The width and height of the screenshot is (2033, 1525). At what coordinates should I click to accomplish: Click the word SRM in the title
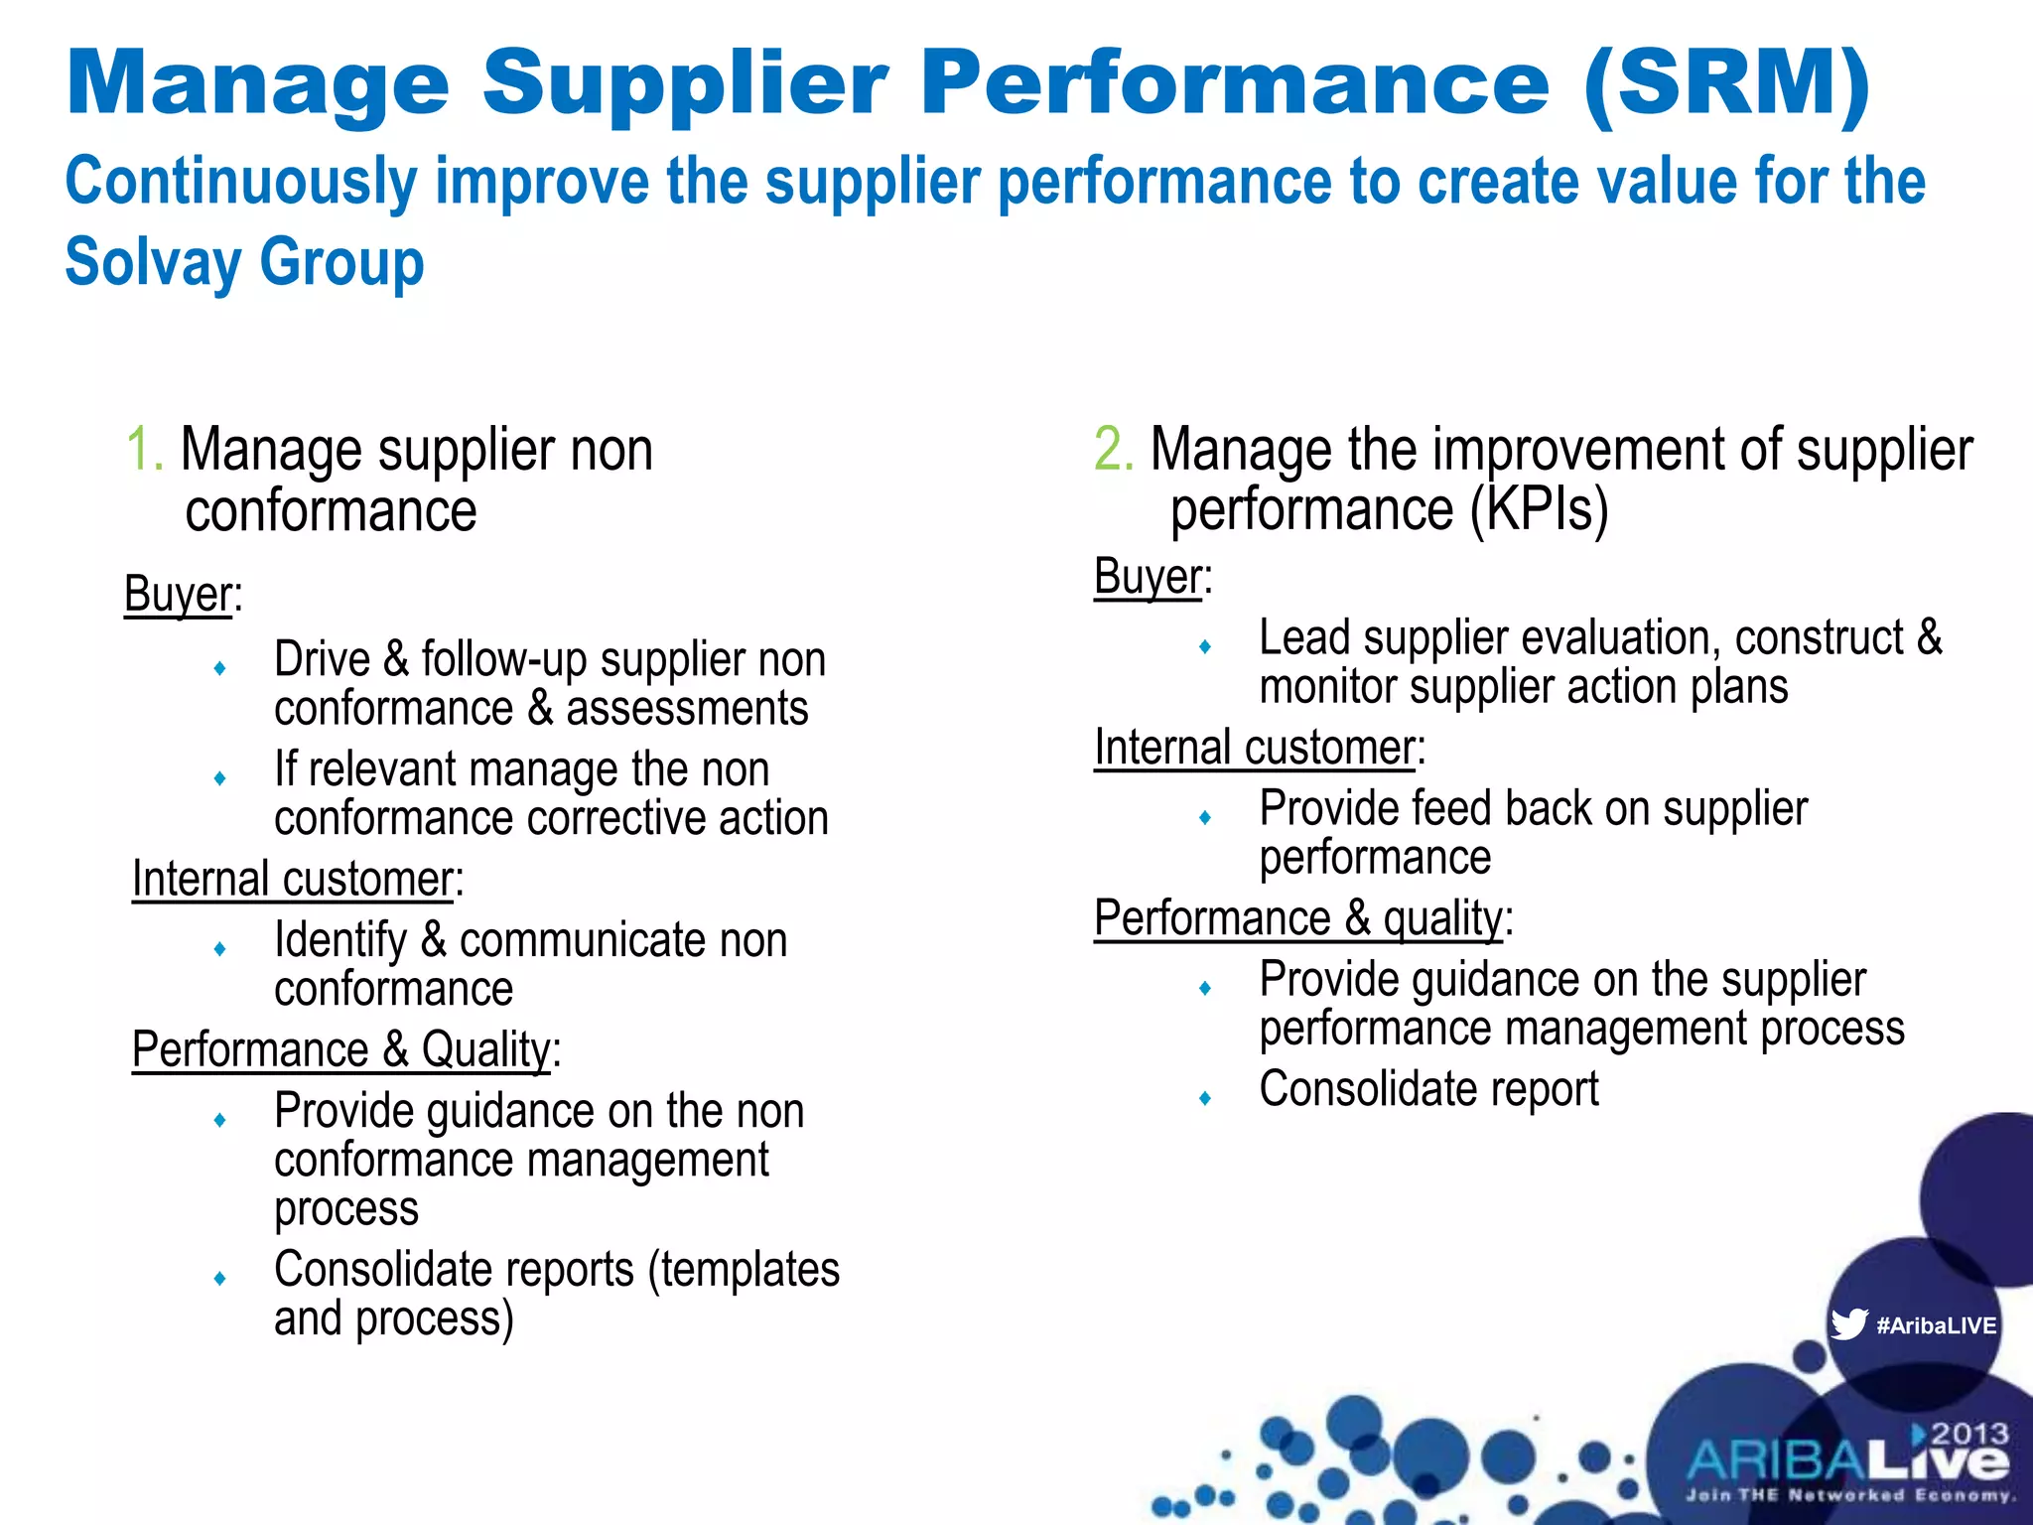pos(1727,83)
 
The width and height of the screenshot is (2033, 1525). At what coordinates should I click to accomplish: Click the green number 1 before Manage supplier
pos(141,450)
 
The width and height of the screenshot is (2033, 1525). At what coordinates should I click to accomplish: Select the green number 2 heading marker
pos(1112,450)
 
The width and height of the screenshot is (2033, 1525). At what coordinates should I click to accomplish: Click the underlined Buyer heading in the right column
pos(1149,577)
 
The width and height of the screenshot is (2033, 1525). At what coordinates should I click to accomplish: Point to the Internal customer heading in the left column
pos(294,880)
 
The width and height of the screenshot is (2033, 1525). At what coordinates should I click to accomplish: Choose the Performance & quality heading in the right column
pos(1298,918)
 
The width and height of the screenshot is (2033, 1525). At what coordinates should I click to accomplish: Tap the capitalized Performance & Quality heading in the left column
pos(341,1050)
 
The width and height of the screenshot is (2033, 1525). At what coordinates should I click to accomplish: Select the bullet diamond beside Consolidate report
pos(1205,1098)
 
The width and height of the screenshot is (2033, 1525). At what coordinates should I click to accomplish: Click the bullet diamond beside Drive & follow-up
pos(219,668)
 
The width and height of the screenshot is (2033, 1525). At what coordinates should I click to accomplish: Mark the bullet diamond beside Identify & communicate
pos(219,949)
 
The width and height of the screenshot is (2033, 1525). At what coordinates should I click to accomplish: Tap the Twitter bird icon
pos(1848,1324)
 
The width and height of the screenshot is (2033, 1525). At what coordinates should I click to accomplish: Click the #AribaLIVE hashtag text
pos(1936,1325)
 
